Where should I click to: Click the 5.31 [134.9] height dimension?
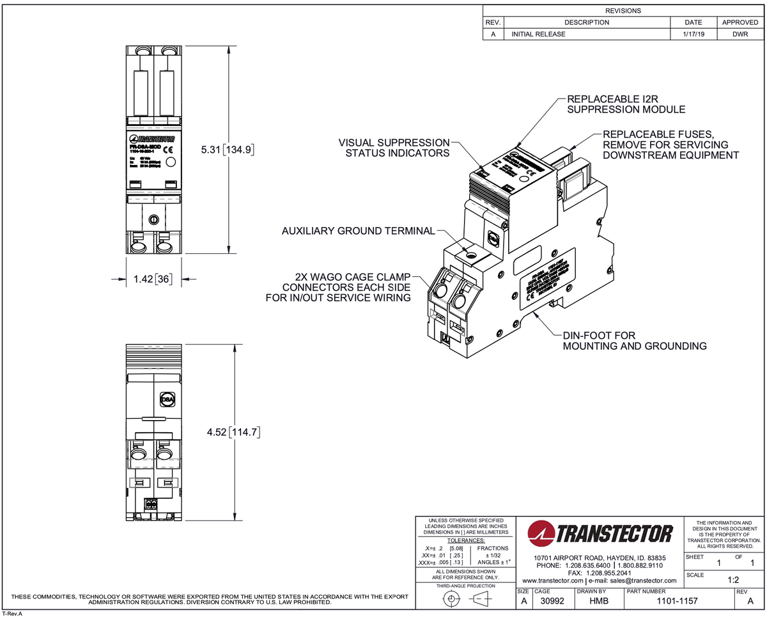click(x=228, y=150)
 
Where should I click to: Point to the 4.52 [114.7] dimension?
click(x=233, y=432)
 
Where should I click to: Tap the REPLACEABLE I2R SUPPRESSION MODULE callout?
click(x=626, y=104)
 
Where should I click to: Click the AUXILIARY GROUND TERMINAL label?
click(x=359, y=230)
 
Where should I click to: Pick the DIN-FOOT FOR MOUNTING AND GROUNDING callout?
click(x=634, y=340)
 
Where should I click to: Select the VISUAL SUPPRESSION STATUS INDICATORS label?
click(x=394, y=148)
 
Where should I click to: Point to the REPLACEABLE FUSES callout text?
click(x=670, y=144)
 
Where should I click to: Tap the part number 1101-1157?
click(x=678, y=602)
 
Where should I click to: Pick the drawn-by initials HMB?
click(x=598, y=602)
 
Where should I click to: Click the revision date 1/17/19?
click(x=693, y=34)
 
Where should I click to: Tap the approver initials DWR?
click(x=740, y=34)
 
